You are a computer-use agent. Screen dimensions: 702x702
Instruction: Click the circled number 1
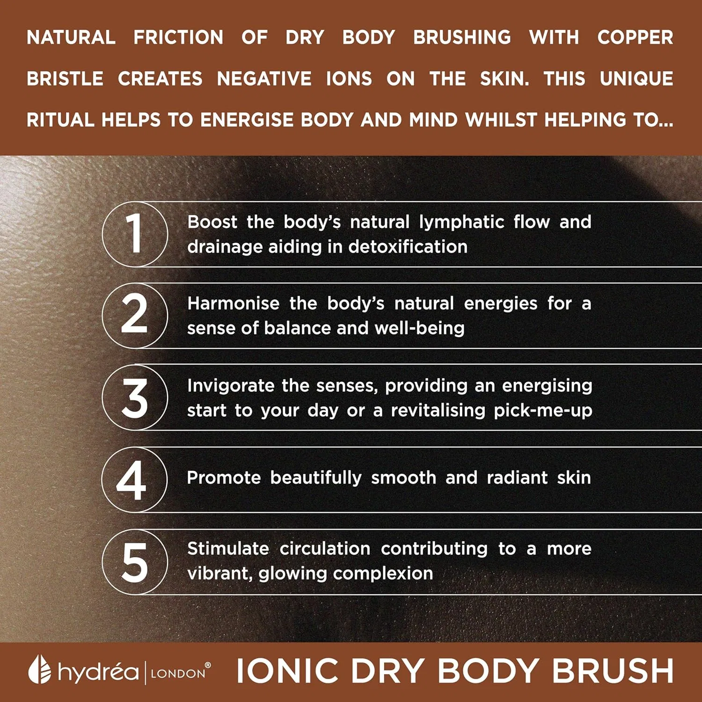point(135,234)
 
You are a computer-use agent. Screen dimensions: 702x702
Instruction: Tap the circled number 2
point(135,315)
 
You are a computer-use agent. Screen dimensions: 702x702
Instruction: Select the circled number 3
point(135,397)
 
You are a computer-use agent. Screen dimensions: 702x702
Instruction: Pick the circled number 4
point(134,479)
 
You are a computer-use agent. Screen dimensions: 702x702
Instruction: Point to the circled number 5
point(135,562)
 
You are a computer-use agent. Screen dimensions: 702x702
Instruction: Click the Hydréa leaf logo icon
point(39,670)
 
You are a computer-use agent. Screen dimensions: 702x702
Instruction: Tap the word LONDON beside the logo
point(178,673)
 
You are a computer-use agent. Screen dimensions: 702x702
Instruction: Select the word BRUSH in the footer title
point(613,671)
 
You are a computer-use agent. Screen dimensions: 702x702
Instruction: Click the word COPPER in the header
point(635,37)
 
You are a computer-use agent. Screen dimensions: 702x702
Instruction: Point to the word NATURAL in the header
point(71,37)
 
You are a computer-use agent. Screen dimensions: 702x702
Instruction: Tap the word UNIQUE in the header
point(636,79)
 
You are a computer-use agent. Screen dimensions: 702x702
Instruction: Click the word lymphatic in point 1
point(461,222)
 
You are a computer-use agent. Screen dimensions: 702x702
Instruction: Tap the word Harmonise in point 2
point(233,303)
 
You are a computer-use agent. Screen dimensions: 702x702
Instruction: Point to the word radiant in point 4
point(517,477)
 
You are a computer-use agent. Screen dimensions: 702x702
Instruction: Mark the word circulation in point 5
point(325,548)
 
